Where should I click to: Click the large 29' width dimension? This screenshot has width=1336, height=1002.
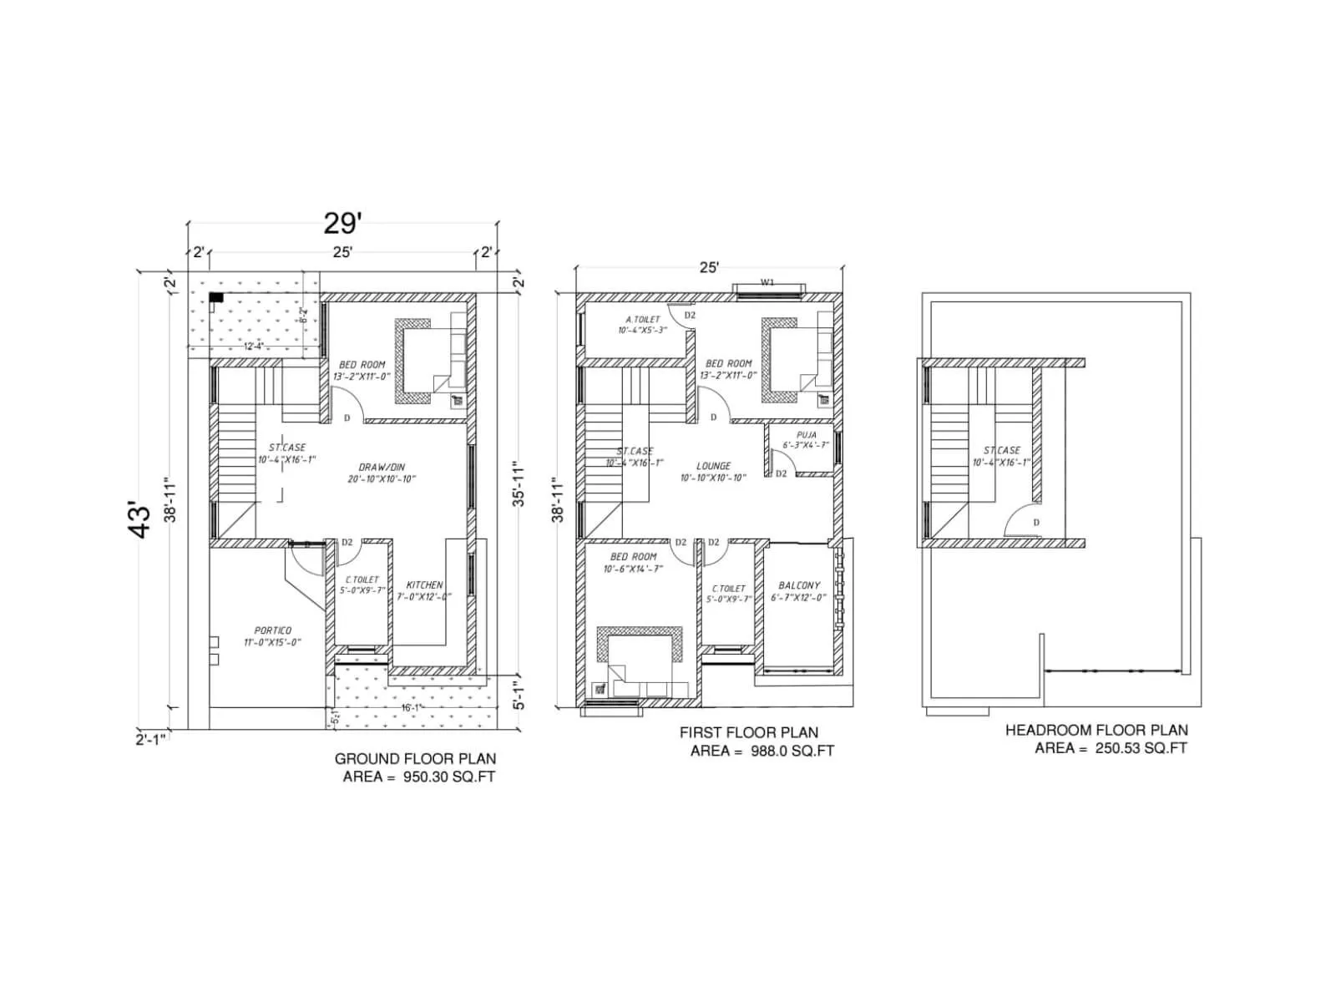342,224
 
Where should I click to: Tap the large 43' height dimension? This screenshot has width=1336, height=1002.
143,519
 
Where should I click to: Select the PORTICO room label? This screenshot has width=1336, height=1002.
273,630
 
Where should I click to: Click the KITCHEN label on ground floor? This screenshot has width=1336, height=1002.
424,585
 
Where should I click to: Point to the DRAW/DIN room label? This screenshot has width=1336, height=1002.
382,468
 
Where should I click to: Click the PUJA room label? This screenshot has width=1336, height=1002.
806,435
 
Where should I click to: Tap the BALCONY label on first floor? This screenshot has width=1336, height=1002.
798,585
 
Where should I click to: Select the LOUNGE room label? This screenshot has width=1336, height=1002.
713,466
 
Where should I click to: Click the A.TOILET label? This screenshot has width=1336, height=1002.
642,320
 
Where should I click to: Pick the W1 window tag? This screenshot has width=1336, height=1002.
767,282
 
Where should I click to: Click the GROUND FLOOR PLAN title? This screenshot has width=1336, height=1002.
415,759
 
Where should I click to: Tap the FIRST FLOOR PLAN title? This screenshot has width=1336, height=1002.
748,732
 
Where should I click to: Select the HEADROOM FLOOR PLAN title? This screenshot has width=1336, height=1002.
1096,731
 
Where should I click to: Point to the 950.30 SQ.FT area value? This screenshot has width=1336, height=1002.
448,777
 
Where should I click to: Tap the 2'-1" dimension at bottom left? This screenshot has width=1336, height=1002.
151,739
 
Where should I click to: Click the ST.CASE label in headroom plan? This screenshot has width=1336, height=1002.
1001,451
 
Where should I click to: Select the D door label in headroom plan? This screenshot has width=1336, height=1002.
1036,523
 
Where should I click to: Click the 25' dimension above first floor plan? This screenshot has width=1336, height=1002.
708,268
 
